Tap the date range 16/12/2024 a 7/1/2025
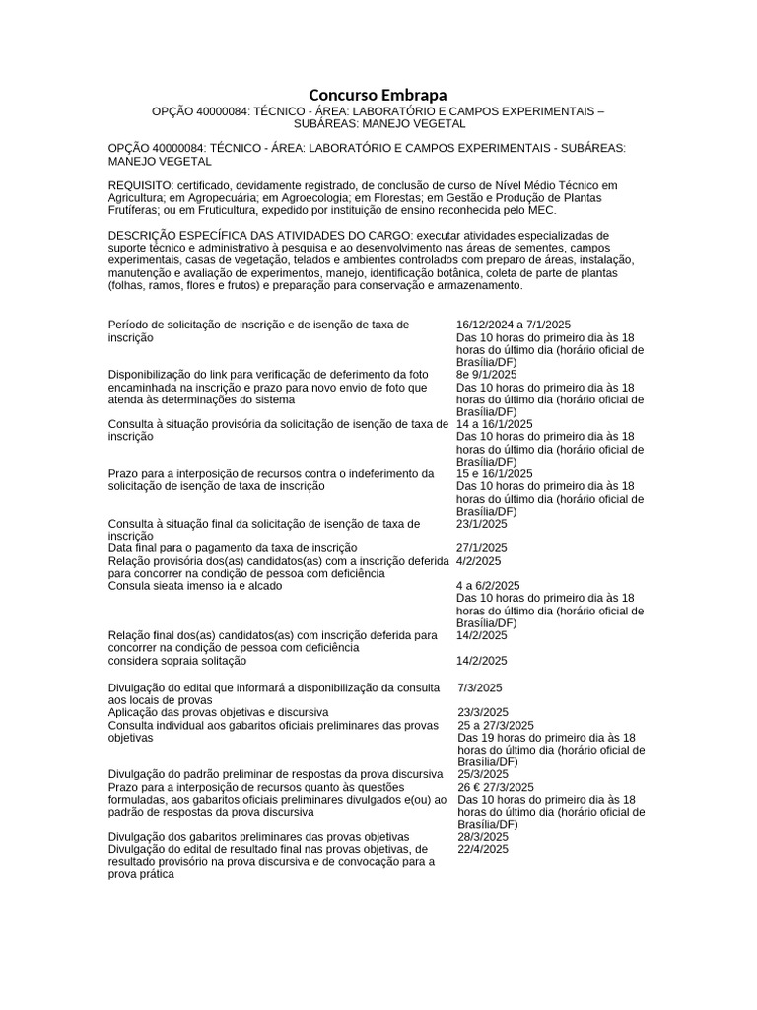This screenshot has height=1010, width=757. (514, 325)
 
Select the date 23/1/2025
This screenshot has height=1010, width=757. (482, 524)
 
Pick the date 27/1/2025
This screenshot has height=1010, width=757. (482, 548)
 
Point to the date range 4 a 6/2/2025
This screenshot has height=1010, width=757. (489, 586)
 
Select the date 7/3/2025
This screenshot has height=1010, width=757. (480, 687)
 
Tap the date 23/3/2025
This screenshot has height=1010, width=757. (483, 712)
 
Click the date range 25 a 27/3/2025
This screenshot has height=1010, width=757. (496, 725)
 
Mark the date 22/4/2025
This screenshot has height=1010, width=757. (483, 849)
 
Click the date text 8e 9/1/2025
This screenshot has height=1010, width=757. (486, 375)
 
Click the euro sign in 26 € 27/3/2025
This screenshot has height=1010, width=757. (478, 787)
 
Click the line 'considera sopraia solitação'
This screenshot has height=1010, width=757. (176, 661)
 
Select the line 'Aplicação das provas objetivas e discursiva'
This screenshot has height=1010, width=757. (218, 712)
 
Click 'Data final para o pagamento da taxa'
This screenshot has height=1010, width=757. (233, 548)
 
